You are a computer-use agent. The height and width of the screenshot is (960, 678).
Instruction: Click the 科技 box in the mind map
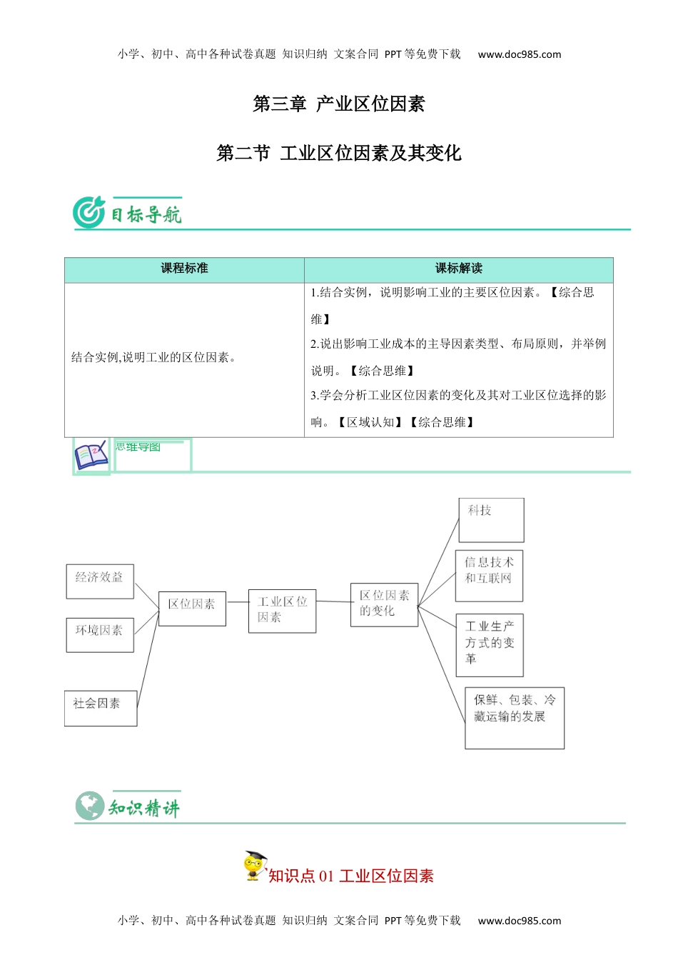point(491,519)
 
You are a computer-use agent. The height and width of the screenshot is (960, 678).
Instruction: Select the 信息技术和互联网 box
point(490,575)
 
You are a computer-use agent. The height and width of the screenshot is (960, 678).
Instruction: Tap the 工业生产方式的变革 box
point(490,644)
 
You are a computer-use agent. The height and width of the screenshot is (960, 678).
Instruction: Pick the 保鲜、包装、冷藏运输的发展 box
point(515,718)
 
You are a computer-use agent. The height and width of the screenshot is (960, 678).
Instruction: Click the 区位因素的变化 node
point(384,604)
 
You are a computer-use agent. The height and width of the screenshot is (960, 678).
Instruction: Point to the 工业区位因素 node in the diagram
point(282,611)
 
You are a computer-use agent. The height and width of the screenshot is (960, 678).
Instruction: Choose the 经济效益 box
point(100,581)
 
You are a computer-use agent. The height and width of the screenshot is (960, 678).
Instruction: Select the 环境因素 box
point(100,635)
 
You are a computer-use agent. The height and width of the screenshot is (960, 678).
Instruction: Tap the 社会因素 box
point(101,708)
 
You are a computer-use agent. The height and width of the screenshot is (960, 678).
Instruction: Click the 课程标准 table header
point(184,269)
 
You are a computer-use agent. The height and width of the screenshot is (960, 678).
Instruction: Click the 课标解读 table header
point(458,269)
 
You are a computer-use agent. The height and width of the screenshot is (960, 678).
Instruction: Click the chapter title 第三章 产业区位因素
point(338,104)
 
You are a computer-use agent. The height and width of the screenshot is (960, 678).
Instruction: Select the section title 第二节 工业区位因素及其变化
point(338,153)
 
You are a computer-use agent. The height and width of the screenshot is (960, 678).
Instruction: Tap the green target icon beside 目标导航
point(89,212)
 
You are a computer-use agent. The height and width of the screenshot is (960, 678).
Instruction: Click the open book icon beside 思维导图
point(91,455)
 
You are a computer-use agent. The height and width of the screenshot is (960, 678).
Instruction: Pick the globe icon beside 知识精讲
point(90,806)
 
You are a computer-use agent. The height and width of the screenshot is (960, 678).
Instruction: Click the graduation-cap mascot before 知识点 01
point(254,865)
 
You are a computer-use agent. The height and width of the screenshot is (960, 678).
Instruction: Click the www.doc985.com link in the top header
point(519,54)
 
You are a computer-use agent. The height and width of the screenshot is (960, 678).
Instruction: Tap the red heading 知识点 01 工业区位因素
point(350,876)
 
